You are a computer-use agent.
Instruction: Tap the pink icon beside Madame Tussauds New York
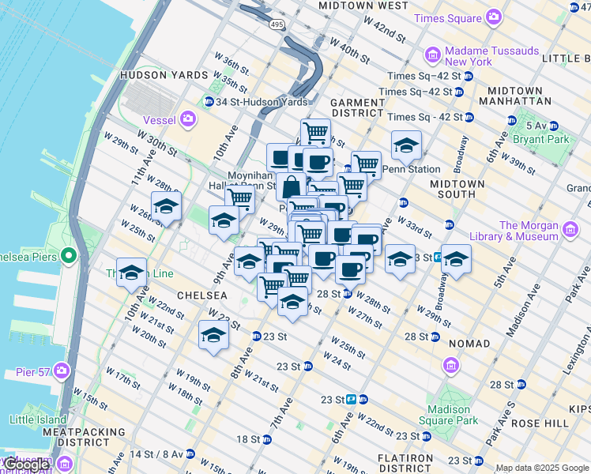pos(432,55)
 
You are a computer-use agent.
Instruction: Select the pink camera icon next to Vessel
pos(188,119)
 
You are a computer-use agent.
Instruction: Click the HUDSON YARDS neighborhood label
pos(156,75)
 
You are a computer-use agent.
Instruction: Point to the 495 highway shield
pos(276,25)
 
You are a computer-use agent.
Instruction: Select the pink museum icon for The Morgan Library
pos(570,230)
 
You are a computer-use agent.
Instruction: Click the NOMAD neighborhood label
pos(469,344)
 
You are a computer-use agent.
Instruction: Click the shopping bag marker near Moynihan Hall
pos(291,187)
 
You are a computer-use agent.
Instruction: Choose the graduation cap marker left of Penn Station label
pos(406,145)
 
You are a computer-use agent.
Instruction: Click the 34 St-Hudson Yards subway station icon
pos(209,101)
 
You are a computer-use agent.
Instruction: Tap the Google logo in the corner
pos(27,464)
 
